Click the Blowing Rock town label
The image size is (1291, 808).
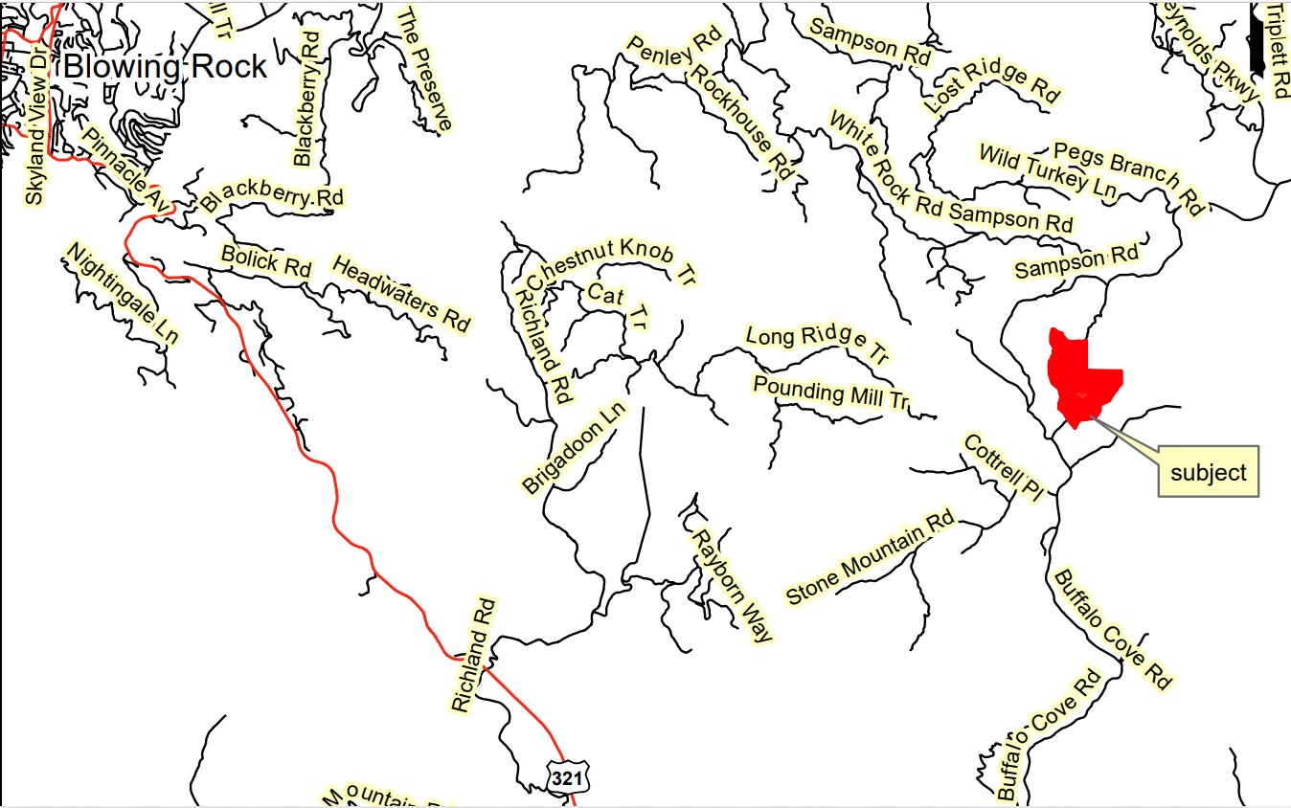point(166,67)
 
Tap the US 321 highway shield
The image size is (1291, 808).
point(566,777)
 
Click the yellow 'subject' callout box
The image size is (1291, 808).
point(1209,471)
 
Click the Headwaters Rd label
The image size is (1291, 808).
point(401,293)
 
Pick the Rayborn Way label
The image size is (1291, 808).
point(733,584)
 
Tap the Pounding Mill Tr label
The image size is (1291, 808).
point(829,393)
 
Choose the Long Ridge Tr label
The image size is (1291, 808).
point(817,344)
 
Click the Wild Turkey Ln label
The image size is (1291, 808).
point(1048,171)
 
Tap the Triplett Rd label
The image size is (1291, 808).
point(1279,50)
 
